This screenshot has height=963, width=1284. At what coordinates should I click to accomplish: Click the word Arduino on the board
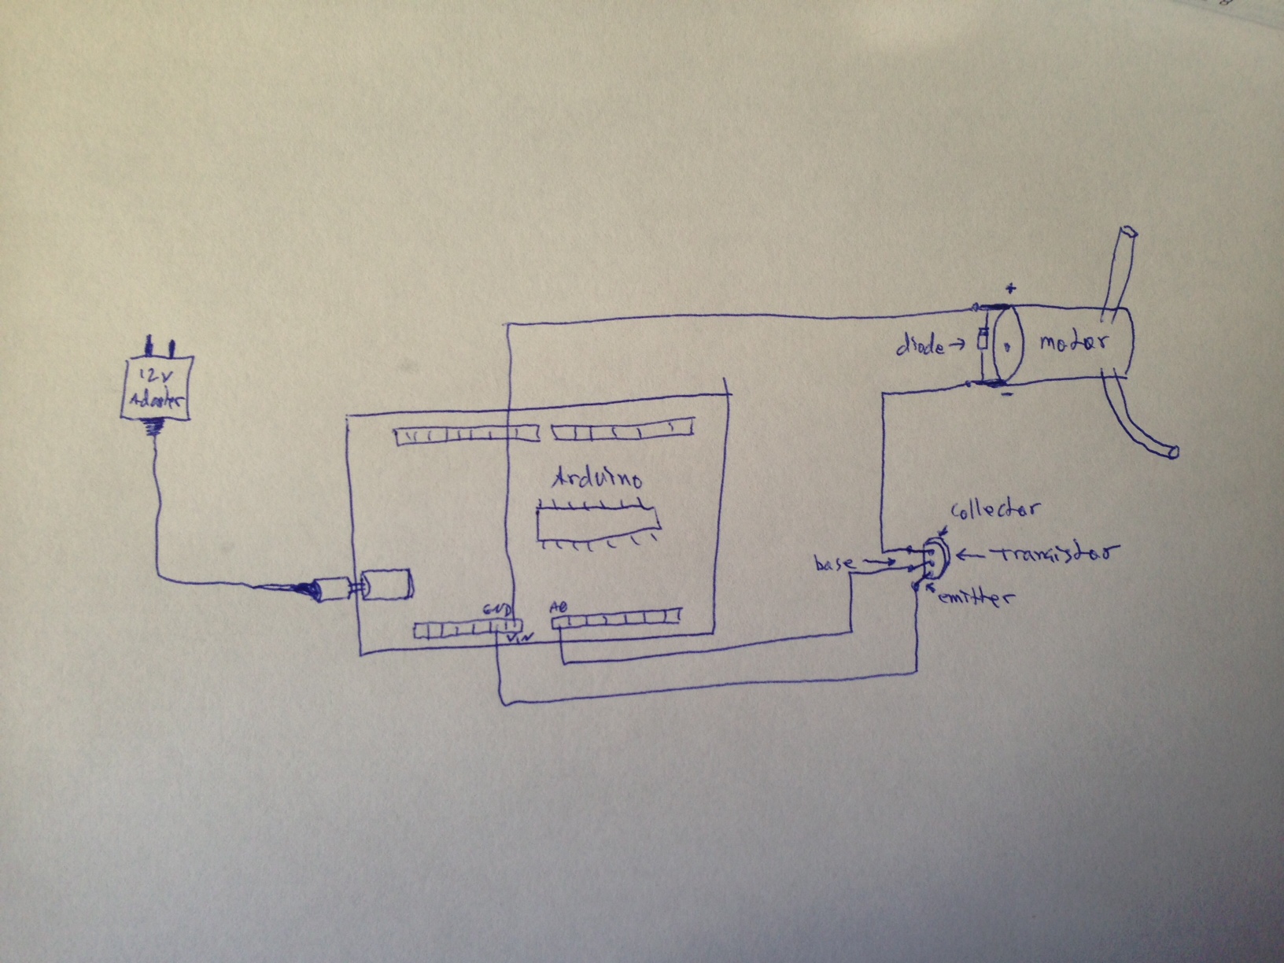coord(597,478)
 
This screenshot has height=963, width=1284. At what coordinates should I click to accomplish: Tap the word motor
coord(1073,342)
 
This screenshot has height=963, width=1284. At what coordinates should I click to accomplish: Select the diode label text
coord(921,345)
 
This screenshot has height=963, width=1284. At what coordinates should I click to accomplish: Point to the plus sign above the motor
coord(1010,289)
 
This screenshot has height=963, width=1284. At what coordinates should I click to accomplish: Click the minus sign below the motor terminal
coord(1007,394)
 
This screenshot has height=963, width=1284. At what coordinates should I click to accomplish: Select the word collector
coord(994,510)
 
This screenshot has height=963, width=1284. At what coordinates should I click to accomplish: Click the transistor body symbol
coord(936,555)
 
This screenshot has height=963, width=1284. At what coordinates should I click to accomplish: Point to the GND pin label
coord(497,610)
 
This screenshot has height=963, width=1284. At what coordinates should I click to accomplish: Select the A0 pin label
coord(558,607)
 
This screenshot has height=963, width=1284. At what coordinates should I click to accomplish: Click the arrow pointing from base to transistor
coord(878,562)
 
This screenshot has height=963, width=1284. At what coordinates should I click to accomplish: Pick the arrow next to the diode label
coord(960,344)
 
